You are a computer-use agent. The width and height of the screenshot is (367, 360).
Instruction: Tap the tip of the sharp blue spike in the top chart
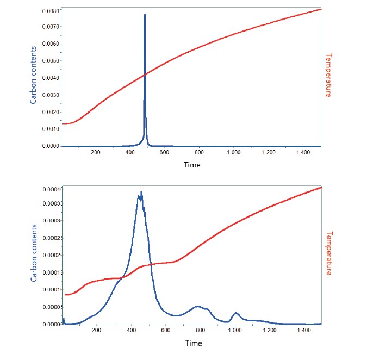[x=145, y=15]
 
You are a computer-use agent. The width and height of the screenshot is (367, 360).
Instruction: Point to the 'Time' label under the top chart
[x=192, y=165]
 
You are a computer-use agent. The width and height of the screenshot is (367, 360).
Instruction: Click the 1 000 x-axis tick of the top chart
[x=235, y=153]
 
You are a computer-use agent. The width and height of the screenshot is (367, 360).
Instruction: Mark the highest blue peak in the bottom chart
[x=141, y=193]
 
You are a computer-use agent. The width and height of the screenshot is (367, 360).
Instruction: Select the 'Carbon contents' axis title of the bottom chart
[x=34, y=253]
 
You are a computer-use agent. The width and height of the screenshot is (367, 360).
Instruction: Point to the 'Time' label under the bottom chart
[x=193, y=343]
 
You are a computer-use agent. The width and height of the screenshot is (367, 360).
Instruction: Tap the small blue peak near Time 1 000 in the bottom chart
[x=235, y=313]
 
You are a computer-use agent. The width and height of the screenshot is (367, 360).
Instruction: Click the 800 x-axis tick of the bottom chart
[x=200, y=331]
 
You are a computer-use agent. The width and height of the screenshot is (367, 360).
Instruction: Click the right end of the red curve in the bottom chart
[x=321, y=187]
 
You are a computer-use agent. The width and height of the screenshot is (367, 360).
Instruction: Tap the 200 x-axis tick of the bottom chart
[x=97, y=331]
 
